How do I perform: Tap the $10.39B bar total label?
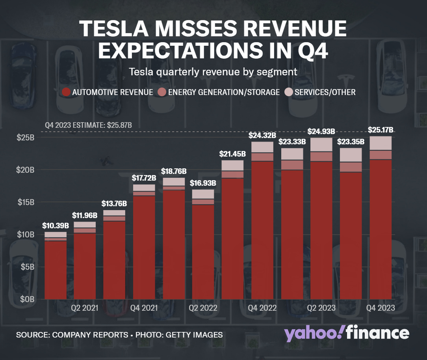[x=56, y=226]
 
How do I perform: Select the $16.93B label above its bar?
[x=203, y=183]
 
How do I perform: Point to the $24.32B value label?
[x=262, y=135]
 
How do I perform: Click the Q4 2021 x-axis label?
[x=144, y=308]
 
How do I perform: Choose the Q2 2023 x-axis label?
[x=321, y=308]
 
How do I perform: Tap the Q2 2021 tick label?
[x=85, y=308]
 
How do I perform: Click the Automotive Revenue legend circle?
[x=67, y=92]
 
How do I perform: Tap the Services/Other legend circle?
[x=289, y=92]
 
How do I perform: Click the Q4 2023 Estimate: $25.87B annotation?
[x=88, y=125]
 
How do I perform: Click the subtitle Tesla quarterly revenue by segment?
[x=213, y=72]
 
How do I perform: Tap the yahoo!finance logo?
[x=347, y=334]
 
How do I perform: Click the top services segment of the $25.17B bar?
[x=380, y=143]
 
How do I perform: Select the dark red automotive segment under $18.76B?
[x=174, y=244]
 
